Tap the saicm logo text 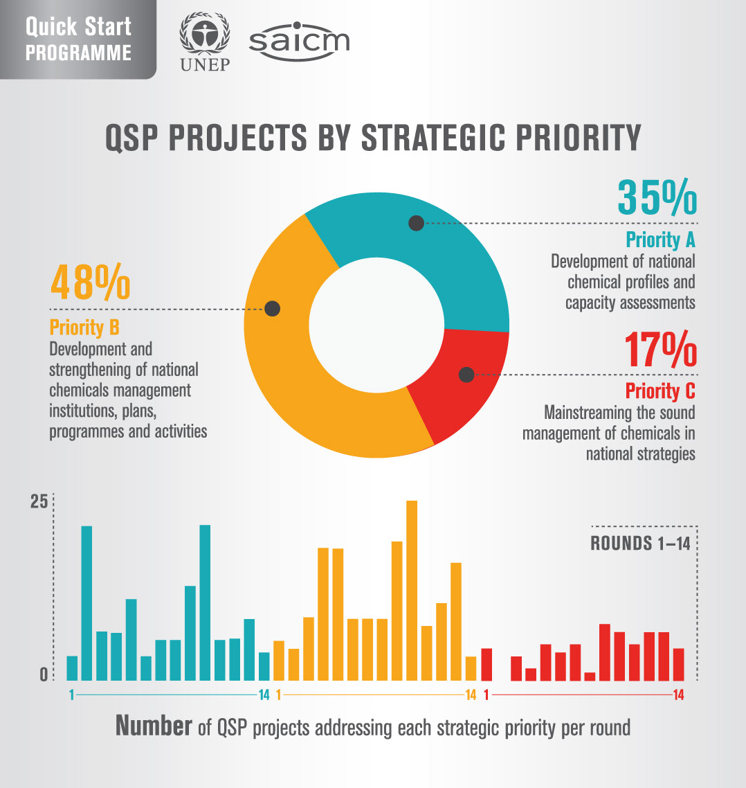(x=299, y=43)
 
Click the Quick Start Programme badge (x=78, y=39)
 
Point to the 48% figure (x=90, y=282)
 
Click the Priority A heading (x=660, y=240)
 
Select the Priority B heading (x=84, y=328)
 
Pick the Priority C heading (x=660, y=391)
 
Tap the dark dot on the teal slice (x=416, y=223)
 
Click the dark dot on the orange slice (x=273, y=309)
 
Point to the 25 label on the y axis (x=39, y=502)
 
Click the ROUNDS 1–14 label (x=640, y=544)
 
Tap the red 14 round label (x=678, y=696)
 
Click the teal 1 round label (x=71, y=696)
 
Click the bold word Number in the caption (x=153, y=726)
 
